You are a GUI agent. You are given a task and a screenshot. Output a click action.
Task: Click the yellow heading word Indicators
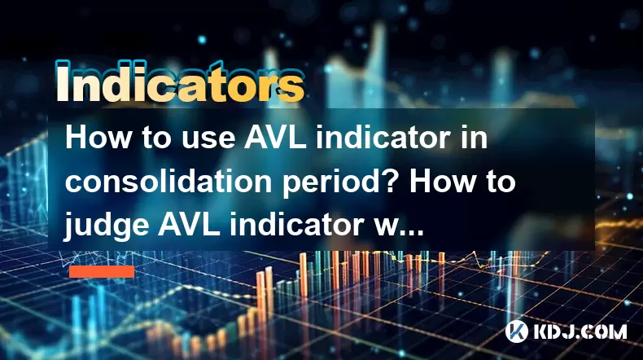180,82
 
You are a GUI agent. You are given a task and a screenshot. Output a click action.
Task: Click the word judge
106,226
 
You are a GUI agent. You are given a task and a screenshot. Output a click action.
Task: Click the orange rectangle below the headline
102,272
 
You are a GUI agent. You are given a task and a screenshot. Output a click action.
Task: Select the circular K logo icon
517,331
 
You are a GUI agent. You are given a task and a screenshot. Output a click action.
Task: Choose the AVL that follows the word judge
189,224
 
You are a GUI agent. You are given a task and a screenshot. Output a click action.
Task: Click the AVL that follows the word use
275,138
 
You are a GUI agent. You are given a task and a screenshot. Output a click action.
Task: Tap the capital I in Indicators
63,81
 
